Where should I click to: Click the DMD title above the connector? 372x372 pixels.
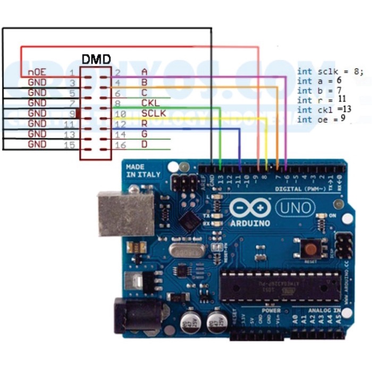96,59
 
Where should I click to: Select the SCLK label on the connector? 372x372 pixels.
154,113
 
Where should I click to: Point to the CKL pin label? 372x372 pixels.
150,103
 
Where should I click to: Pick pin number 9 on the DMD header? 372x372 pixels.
73,113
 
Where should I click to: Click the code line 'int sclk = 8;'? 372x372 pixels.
330,71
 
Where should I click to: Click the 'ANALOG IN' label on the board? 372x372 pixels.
324,310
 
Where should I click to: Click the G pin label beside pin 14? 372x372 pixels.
144,133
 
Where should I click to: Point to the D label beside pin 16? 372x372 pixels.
144,144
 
